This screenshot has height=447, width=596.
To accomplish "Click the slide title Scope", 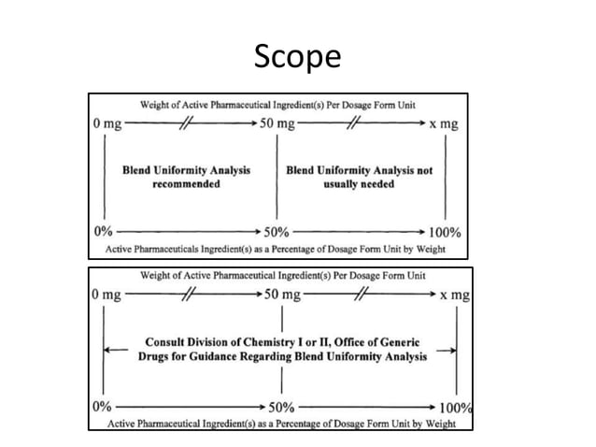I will (x=298, y=58).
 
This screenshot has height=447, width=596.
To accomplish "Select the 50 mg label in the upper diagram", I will (x=278, y=123).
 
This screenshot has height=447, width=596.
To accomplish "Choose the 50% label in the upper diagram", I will (x=277, y=230).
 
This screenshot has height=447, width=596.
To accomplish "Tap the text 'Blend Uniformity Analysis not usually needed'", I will (x=360, y=178).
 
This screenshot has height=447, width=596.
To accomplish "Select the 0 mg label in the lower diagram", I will (x=106, y=295).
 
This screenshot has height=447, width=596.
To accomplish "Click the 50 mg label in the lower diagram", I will (x=284, y=295).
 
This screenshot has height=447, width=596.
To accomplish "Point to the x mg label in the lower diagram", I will (x=455, y=295).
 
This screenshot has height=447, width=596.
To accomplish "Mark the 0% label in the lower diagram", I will (x=101, y=408).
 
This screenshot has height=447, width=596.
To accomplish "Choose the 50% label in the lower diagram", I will (x=282, y=408).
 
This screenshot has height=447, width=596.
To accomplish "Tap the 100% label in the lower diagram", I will (x=456, y=408).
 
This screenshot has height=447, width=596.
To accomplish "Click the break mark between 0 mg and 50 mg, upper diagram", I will (x=192, y=123).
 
